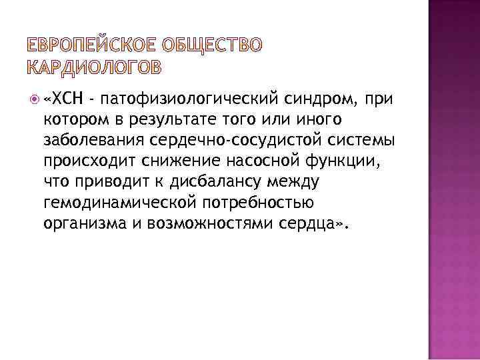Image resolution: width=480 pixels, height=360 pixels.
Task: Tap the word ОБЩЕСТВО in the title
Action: pyautogui.click(x=213, y=45)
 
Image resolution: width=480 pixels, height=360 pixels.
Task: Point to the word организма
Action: pyautogui.click(x=77, y=223)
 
